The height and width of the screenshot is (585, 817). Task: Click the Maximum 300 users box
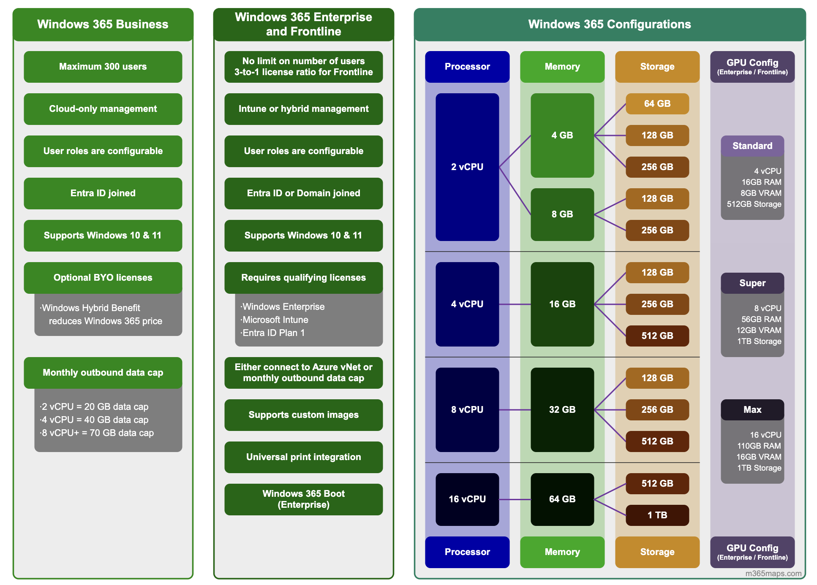point(103,67)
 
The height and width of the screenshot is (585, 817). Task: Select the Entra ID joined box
point(103,193)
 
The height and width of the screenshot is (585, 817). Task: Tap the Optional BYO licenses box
point(103,278)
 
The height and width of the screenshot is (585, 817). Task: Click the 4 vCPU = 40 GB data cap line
point(95,420)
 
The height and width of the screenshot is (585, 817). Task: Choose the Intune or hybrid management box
point(303,109)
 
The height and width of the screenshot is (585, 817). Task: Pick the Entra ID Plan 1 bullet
point(273,333)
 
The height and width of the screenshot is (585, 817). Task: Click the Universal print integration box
point(303,457)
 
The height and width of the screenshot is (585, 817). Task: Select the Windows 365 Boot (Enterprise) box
point(303,499)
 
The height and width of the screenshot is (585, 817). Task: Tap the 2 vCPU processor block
point(467,167)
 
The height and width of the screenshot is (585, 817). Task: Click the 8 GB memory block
point(562,214)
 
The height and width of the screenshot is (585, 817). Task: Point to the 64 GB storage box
point(657,104)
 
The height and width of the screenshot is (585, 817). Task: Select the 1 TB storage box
point(657,515)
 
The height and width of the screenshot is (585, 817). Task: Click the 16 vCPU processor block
point(467,499)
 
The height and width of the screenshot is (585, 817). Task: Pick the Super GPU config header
point(752,283)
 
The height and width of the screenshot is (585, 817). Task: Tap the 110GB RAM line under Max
point(759,446)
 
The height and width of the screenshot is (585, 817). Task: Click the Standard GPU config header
point(752,146)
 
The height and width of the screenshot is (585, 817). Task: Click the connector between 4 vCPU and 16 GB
point(515,304)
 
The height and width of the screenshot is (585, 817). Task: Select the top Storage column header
point(657,67)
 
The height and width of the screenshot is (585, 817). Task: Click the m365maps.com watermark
point(773,574)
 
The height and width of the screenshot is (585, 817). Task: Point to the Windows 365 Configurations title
point(609,24)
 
